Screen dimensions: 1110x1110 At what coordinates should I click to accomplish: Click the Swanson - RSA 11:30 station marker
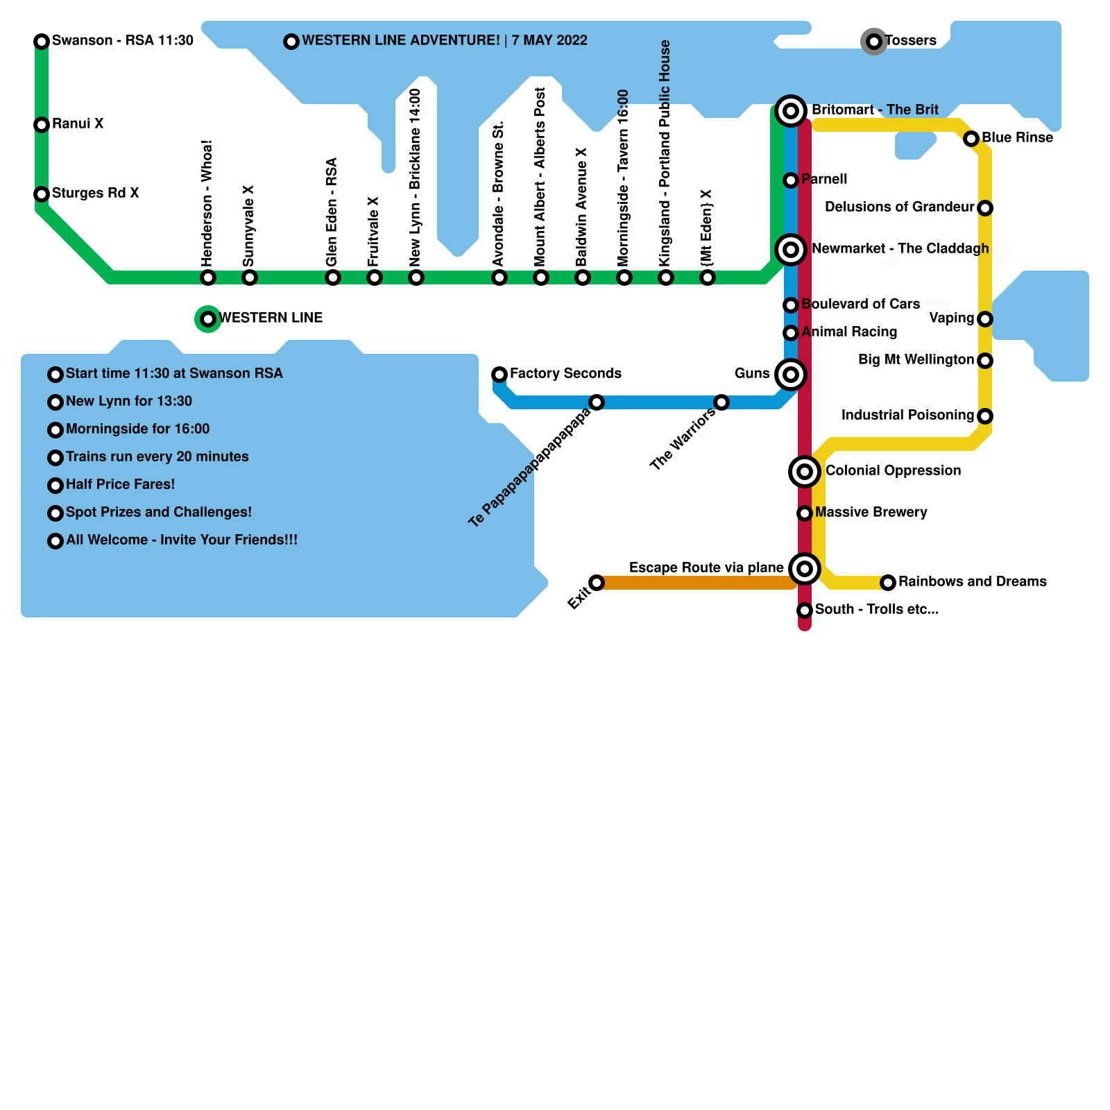tap(42, 42)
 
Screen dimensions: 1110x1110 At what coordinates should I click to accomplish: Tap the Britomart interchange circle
tap(790, 111)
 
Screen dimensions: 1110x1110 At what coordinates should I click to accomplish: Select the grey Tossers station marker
tap(874, 42)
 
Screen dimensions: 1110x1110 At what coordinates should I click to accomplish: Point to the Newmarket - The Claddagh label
tap(900, 248)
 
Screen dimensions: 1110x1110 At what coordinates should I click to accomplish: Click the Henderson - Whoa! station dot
tap(208, 277)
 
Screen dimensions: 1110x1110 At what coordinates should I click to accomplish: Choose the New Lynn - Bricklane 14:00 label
tap(416, 178)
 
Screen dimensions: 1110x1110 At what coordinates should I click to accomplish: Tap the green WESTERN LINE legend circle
tap(208, 319)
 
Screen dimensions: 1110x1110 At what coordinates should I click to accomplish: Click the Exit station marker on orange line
tap(597, 583)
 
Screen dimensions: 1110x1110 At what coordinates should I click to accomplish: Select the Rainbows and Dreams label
tap(972, 581)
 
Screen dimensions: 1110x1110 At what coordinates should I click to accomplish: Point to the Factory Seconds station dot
tap(499, 375)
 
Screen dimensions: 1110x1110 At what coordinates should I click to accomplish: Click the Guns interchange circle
tap(790, 375)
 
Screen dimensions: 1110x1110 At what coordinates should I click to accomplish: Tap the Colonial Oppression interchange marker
tap(805, 472)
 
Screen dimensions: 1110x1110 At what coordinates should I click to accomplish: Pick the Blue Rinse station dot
tap(971, 139)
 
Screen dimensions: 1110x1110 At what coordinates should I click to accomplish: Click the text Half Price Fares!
tap(120, 484)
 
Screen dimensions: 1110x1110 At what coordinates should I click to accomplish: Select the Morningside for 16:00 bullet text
tap(137, 429)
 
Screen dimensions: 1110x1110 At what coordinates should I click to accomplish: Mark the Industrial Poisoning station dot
tap(985, 416)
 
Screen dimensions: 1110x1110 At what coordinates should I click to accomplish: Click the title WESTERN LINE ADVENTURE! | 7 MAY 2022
tap(444, 40)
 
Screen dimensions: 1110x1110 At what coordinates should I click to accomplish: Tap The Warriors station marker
tap(721, 402)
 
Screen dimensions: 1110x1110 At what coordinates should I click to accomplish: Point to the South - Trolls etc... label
tap(877, 609)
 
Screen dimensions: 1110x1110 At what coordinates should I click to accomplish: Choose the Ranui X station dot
tap(42, 125)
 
